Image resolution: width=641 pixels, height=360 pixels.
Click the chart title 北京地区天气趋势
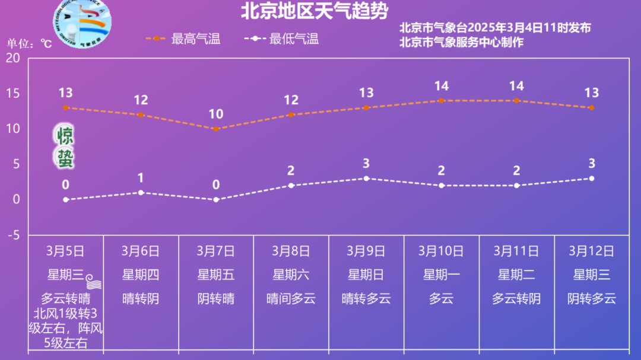coord(315,11)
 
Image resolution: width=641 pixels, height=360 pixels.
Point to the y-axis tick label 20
coord(13,58)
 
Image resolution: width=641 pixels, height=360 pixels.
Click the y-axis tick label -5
coord(13,235)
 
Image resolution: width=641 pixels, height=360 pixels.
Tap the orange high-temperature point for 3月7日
coord(216,129)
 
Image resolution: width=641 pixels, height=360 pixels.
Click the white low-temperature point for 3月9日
coord(366,179)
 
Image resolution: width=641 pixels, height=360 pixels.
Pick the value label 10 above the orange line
coord(216,114)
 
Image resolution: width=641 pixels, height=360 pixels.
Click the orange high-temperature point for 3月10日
coord(442,101)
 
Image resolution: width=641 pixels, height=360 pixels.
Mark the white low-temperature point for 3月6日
coord(141,193)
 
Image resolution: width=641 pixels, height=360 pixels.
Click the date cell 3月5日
coord(65,251)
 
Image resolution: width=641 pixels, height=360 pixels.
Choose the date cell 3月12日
coord(591,251)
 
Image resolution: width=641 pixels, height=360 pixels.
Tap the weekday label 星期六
coord(291,275)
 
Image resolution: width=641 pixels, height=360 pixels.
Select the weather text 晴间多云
coord(291,298)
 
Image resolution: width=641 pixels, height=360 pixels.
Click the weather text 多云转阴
coord(516,298)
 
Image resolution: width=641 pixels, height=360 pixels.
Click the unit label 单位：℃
coord(30,44)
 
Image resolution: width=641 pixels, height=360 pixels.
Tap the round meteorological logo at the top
coord(81,19)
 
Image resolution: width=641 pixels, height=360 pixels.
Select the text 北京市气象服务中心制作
coord(461,43)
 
